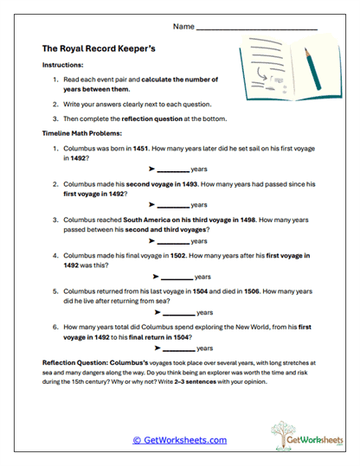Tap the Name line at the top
(x=256, y=29)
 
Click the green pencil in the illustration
(x=306, y=68)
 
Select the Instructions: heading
(x=61, y=65)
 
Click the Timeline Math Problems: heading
(x=84, y=135)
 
